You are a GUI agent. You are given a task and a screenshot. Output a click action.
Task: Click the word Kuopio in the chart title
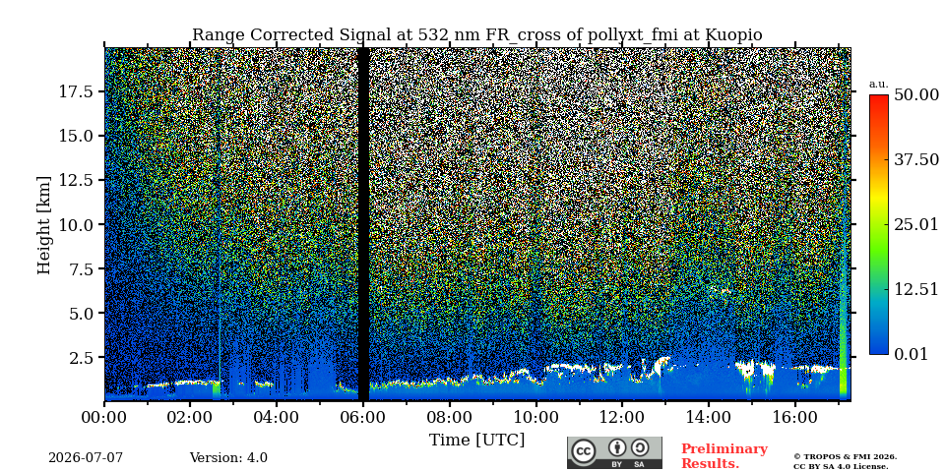click(736, 35)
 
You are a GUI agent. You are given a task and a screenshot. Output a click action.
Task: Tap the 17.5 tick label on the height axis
click(76, 91)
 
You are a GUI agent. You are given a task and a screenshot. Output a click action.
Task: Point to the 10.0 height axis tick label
click(76, 224)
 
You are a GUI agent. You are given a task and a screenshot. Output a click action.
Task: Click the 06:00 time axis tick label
click(363, 417)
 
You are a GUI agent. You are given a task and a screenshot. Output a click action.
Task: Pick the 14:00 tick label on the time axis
click(708, 417)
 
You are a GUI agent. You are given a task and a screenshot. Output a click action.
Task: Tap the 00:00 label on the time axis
click(104, 417)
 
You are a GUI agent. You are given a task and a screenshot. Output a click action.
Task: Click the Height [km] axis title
click(44, 225)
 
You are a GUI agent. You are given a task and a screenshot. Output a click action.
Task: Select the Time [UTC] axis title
click(476, 441)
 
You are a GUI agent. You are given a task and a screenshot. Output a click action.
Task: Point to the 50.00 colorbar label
click(916, 94)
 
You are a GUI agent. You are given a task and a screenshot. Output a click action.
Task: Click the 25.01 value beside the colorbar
click(916, 225)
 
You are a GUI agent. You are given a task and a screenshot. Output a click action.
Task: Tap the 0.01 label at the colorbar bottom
click(911, 354)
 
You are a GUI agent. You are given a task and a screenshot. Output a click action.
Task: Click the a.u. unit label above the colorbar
click(879, 85)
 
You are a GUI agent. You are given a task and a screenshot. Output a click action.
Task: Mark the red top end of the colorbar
click(879, 96)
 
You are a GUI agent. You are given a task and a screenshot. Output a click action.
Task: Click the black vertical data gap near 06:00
click(363, 224)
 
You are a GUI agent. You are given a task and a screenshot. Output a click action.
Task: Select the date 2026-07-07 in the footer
click(86, 457)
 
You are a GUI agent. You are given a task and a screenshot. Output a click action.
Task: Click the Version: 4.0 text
click(228, 457)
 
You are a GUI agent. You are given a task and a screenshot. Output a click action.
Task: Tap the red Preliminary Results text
click(724, 456)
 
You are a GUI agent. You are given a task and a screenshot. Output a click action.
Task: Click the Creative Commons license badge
click(614, 452)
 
